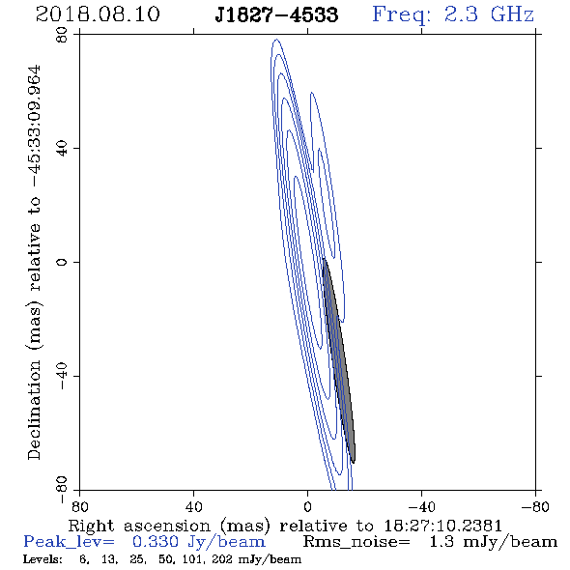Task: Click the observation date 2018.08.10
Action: [x=98, y=14]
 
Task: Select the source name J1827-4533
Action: [x=276, y=15]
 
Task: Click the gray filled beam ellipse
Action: [x=339, y=360]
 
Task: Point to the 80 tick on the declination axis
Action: [x=62, y=35]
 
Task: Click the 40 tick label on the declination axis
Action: [x=62, y=149]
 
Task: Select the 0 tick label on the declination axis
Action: [x=62, y=262]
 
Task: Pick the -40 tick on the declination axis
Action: [x=62, y=376]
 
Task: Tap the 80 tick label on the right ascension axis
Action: [x=79, y=507]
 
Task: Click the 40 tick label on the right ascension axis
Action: [x=193, y=507]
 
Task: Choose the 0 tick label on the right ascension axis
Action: [x=307, y=507]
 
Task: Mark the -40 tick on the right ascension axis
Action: [x=421, y=507]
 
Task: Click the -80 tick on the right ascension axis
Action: [x=535, y=507]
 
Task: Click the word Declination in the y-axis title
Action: [x=34, y=410]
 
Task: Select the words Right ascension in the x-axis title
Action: [x=139, y=526]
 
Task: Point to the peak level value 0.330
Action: [x=156, y=542]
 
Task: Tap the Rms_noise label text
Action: [x=356, y=542]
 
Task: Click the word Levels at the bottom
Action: [x=43, y=559]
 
